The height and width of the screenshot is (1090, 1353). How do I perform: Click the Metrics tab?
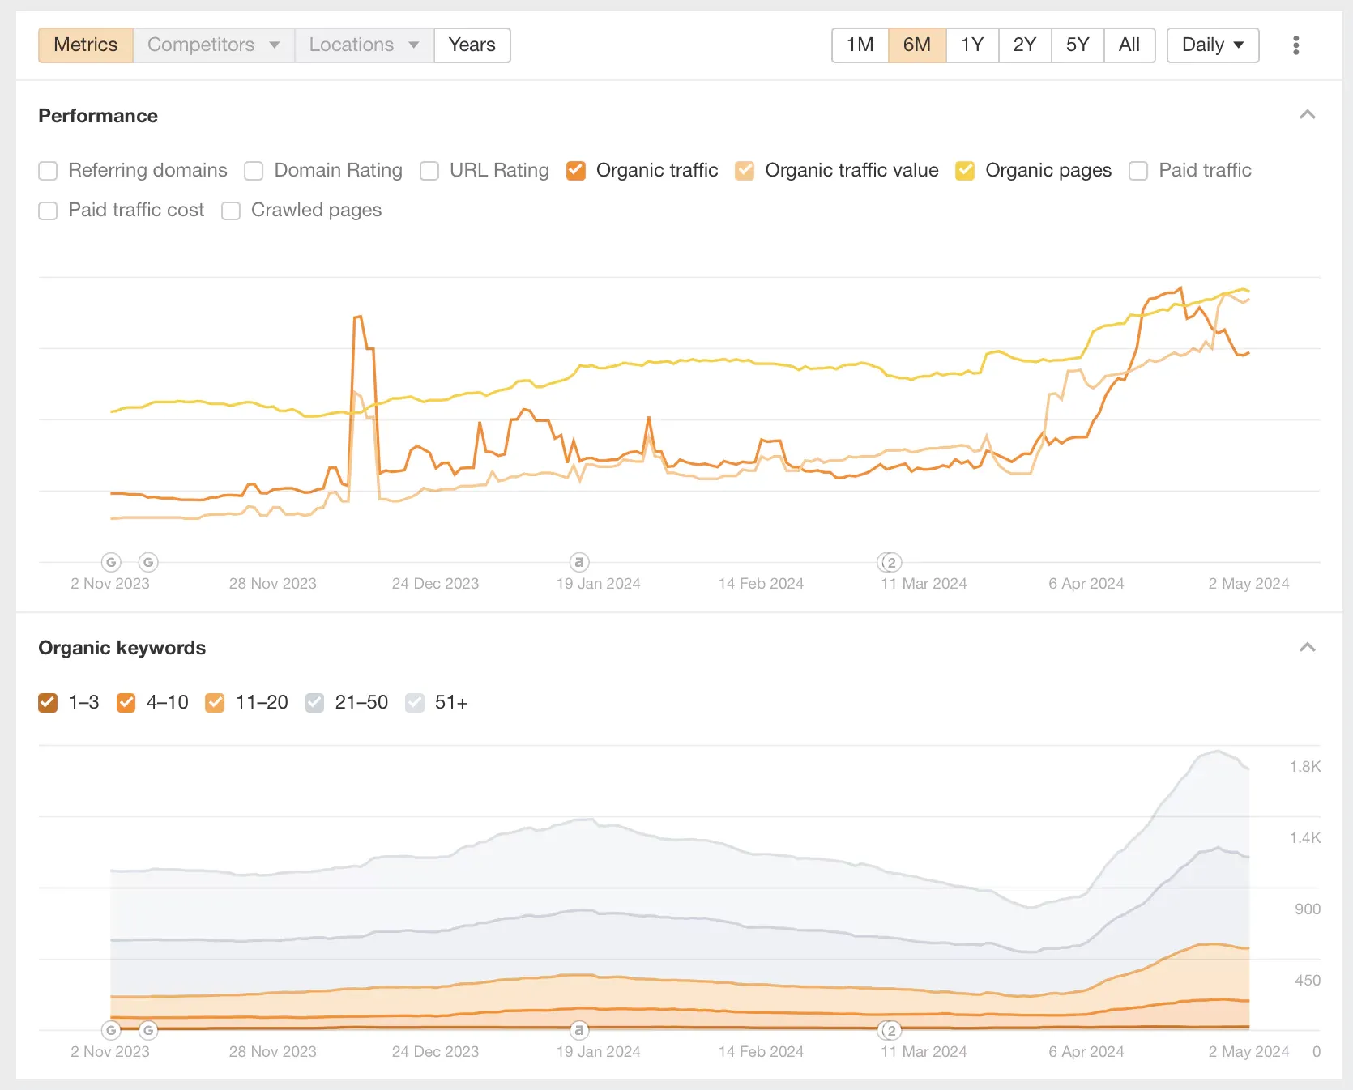click(x=85, y=45)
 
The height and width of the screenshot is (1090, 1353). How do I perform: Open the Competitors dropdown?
click(x=213, y=45)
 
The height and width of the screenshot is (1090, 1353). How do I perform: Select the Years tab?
click(x=472, y=45)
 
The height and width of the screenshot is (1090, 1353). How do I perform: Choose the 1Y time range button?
click(x=971, y=45)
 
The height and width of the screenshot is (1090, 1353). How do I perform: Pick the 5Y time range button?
click(x=1077, y=45)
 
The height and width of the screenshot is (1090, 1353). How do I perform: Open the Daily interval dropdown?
click(x=1212, y=45)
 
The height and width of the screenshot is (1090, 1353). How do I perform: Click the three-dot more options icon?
click(x=1295, y=45)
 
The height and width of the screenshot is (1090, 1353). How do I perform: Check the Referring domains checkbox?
click(x=49, y=171)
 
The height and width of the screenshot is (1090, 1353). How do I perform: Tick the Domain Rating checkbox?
click(x=254, y=171)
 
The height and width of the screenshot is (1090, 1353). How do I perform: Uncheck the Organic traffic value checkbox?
click(x=745, y=171)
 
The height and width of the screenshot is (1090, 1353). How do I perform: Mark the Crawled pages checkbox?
click(x=232, y=211)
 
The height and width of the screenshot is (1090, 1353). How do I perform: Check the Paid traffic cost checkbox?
click(x=49, y=211)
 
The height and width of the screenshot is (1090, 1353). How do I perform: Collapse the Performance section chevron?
click(x=1307, y=115)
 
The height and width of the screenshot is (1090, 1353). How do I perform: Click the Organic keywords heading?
click(x=122, y=648)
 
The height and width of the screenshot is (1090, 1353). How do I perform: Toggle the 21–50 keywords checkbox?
click(x=315, y=703)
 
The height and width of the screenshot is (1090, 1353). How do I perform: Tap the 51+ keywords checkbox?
click(x=415, y=703)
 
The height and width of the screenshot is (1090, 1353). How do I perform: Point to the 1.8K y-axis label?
click(x=1304, y=767)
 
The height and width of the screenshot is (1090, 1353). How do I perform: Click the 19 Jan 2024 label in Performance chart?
click(x=598, y=584)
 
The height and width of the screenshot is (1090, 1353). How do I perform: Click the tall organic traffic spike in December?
click(x=358, y=317)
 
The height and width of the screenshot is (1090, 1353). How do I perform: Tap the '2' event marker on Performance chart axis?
click(x=890, y=562)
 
